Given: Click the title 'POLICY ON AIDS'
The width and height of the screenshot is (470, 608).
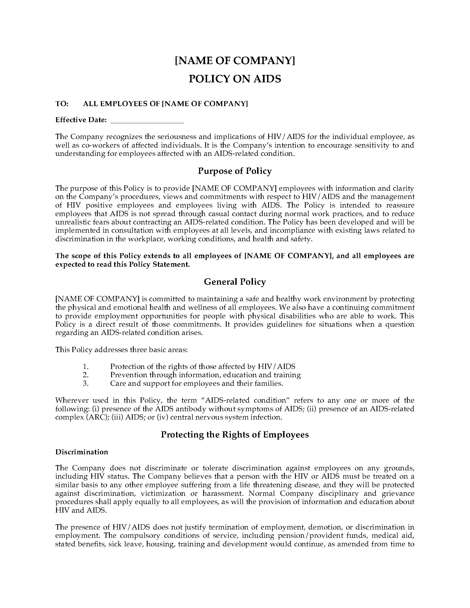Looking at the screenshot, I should coord(235,79).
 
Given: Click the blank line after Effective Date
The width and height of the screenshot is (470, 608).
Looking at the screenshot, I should coord(147,120).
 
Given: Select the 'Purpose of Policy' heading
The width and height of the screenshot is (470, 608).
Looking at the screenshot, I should coord(235,171).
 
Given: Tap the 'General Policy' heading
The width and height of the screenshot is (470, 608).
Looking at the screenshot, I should coord(235,282).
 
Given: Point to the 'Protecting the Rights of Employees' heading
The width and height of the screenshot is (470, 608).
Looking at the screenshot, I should coord(235,435).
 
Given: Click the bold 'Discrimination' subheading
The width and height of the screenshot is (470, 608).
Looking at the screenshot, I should coord(82,452).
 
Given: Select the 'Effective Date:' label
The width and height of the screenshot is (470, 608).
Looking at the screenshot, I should coord(81,120).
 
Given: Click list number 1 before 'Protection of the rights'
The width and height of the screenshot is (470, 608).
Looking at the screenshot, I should coord(86,367).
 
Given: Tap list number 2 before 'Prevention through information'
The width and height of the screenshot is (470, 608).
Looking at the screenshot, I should coord(86,375).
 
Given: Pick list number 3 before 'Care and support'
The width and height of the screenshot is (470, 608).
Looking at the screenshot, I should coord(86,384).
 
